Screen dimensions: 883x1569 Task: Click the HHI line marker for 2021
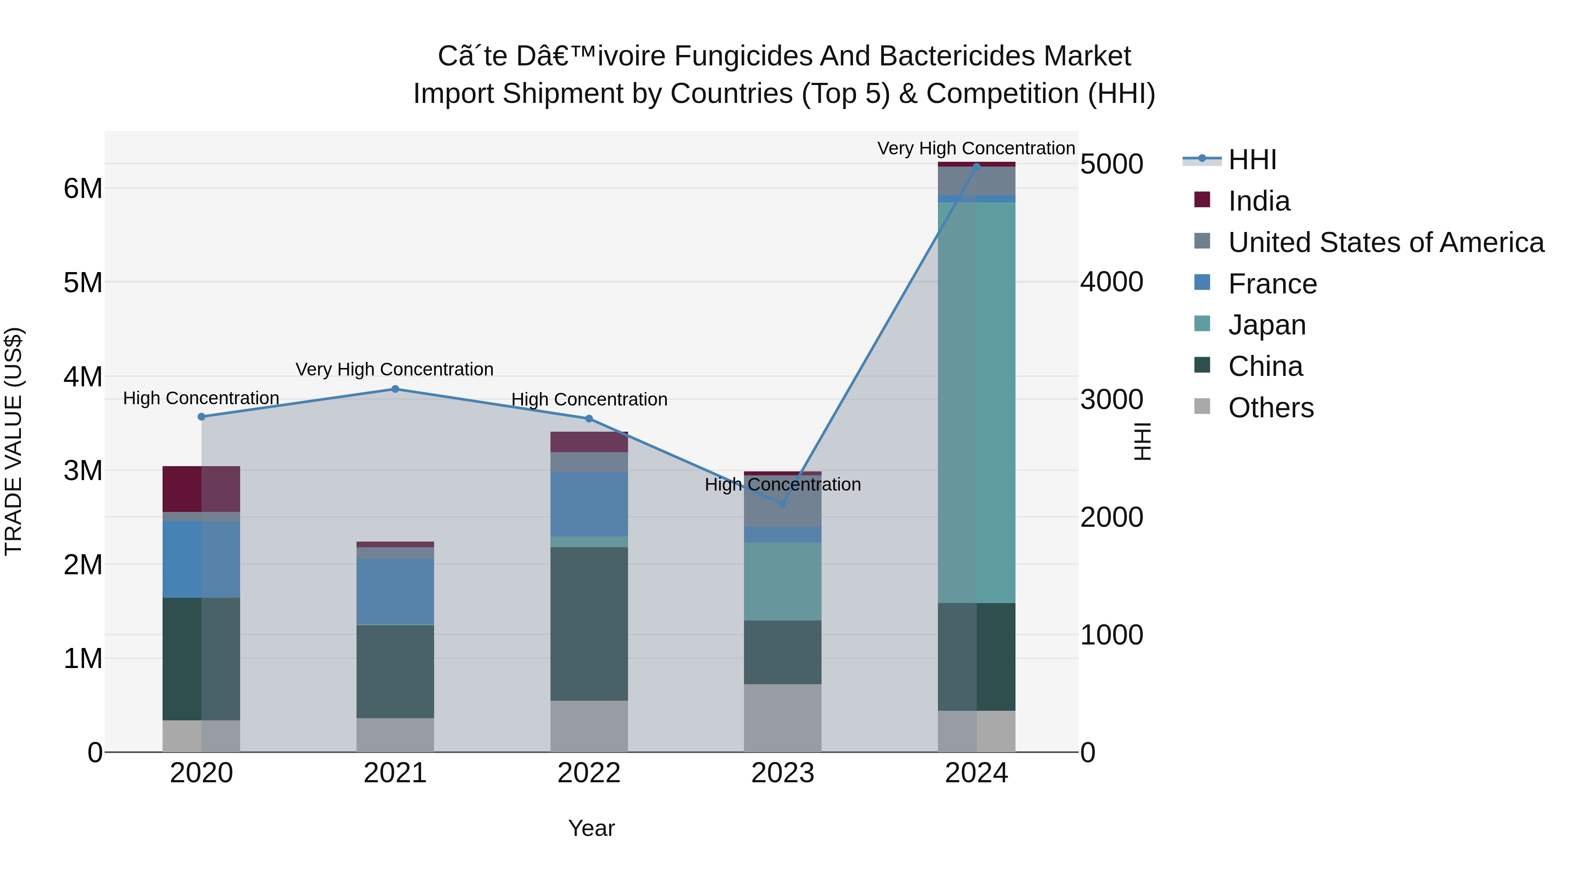click(395, 389)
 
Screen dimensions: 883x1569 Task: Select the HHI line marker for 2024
click(976, 167)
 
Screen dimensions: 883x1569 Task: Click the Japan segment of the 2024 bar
click(976, 402)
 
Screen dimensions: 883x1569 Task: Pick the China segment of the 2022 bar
click(589, 624)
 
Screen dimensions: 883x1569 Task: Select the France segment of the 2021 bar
click(395, 591)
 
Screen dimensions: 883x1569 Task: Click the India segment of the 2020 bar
click(201, 489)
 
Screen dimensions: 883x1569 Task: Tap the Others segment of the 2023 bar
click(783, 718)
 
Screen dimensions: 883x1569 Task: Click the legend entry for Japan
click(1266, 325)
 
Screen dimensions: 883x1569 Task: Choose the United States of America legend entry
click(1386, 242)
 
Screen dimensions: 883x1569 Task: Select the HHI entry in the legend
click(1252, 160)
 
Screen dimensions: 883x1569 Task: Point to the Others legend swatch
click(1202, 406)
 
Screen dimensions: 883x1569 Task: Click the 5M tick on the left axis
click(83, 282)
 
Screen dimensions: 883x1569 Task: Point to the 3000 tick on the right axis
click(1111, 400)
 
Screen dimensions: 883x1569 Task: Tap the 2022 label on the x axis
click(589, 773)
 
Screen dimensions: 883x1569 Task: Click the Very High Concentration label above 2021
click(395, 369)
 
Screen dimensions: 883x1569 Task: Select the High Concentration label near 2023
click(783, 484)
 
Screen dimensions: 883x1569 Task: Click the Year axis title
click(591, 828)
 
